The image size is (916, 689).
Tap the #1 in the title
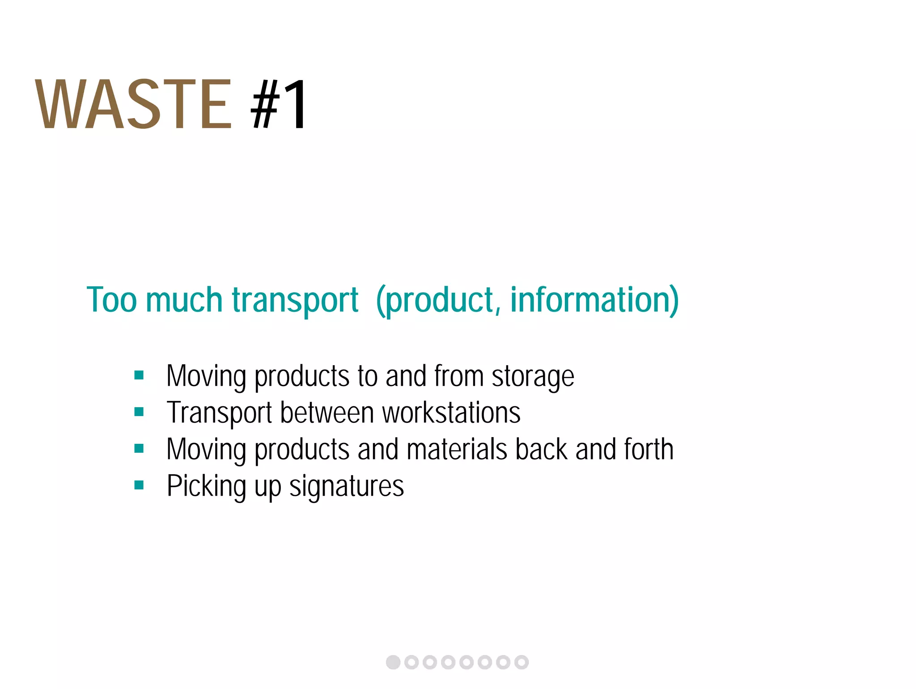(x=279, y=104)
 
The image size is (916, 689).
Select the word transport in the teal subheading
(x=295, y=300)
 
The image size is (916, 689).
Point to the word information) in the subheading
(x=594, y=300)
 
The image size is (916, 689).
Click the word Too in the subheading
(x=111, y=300)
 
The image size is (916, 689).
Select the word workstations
(x=451, y=413)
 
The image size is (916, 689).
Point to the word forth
(x=649, y=449)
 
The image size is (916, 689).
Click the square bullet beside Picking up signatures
(x=139, y=485)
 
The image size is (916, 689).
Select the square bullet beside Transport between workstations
(x=139, y=412)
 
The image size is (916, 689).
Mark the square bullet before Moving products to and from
(x=139, y=375)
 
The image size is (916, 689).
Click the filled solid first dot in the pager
(x=393, y=662)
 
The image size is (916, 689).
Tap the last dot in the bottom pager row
(x=522, y=662)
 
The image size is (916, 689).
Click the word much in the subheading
(x=184, y=300)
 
